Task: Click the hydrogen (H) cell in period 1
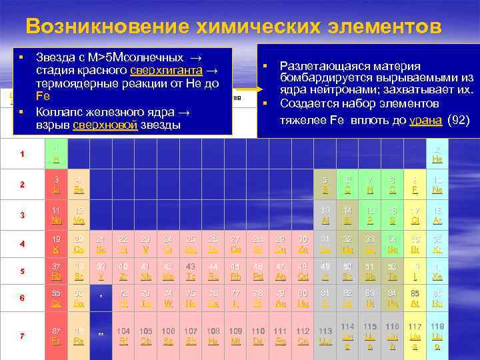[56, 154]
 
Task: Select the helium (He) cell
[437, 154]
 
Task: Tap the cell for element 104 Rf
[123, 335]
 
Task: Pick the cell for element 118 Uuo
[437, 335]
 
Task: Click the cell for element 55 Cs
[56, 298]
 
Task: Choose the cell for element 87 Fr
[56, 335]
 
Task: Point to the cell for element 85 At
[414, 298]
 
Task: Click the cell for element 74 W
[169, 298]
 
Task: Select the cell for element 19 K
[56, 243]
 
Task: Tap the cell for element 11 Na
[56, 215]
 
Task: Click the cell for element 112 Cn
[303, 335]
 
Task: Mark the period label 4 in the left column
[22, 244]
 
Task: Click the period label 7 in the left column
[22, 335]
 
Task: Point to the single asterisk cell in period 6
[101, 298]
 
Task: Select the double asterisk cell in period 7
[101, 335]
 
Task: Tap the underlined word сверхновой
[105, 125]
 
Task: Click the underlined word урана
[425, 120]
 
